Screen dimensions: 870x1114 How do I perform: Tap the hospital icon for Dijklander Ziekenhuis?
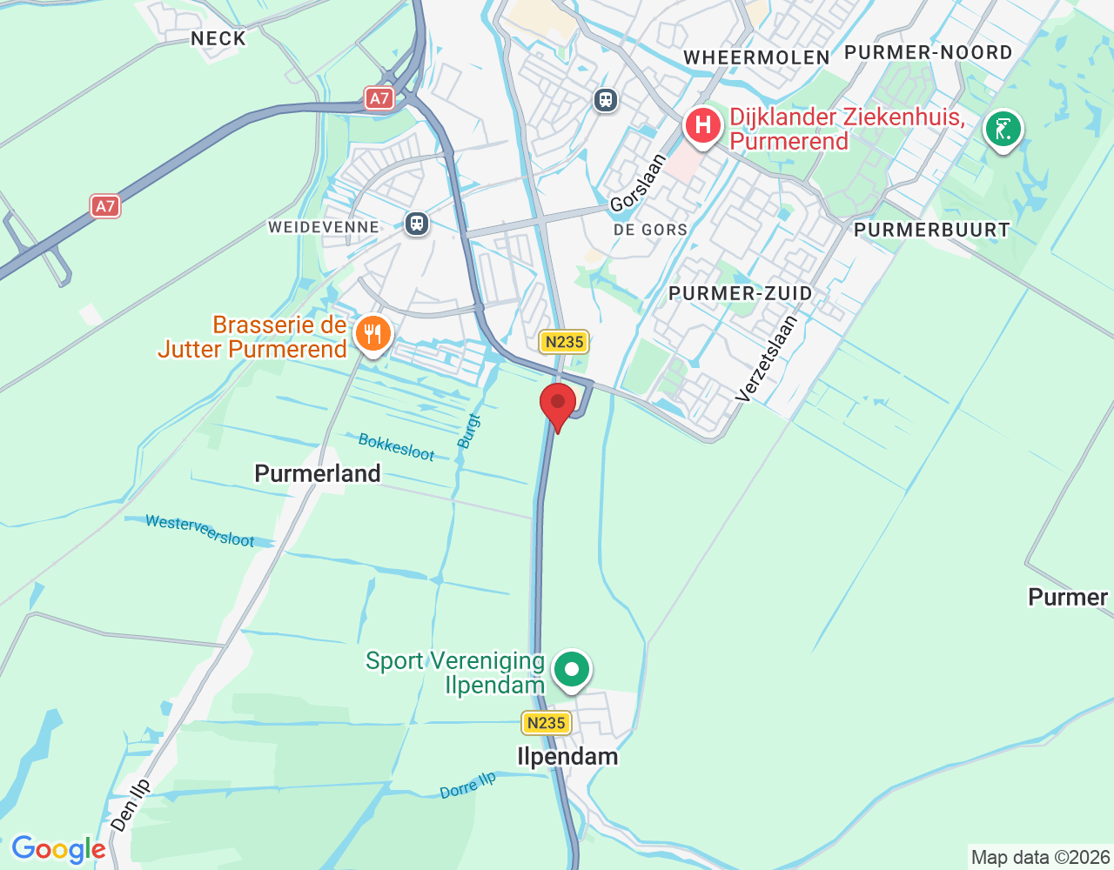coord(702,126)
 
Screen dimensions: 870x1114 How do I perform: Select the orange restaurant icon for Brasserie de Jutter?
coord(372,334)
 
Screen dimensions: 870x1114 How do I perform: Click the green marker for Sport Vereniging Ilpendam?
coord(572,671)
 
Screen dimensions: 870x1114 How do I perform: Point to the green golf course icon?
coord(1003,130)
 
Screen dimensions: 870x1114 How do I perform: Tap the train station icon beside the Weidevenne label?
coord(417,224)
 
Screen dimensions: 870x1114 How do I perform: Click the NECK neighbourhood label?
coord(218,38)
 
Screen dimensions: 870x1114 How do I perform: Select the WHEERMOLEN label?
coord(756,57)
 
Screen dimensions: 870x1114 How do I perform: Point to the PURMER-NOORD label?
coord(928,52)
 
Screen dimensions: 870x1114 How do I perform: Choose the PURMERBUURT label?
coord(931,230)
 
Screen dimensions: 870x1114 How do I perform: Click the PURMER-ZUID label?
coord(741,293)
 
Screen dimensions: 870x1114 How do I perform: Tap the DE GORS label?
coord(650,230)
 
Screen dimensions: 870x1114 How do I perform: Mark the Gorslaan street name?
coord(638,183)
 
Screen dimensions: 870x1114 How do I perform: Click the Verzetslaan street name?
coord(766,358)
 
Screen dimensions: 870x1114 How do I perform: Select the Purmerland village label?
coord(318,473)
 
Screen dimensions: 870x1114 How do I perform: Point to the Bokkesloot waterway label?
coord(396,447)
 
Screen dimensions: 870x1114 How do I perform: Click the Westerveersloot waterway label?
coord(200,531)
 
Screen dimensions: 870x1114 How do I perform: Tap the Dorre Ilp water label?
coord(467,786)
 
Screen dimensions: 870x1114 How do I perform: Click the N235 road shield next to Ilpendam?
coord(546,723)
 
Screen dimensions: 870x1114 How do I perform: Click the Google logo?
coord(58,849)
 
